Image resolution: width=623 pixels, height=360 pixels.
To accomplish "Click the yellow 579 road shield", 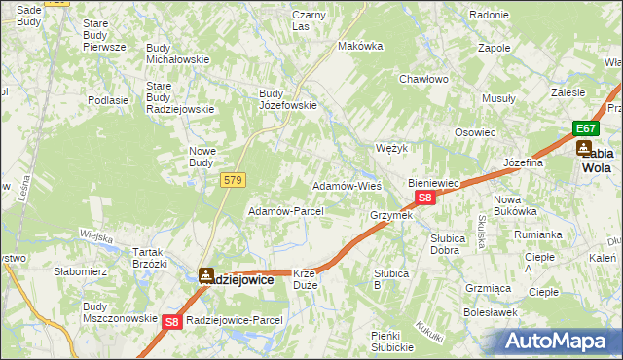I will pyautogui.click(x=234, y=180).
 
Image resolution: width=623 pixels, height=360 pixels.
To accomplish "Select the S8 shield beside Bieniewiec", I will pyautogui.click(x=424, y=198).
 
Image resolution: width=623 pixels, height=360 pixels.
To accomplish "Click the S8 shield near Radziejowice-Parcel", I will pyautogui.click(x=171, y=321).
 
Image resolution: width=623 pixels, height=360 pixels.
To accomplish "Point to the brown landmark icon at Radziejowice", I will pyautogui.click(x=206, y=276).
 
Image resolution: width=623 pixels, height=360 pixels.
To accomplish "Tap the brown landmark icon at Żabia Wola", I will pyautogui.click(x=584, y=148).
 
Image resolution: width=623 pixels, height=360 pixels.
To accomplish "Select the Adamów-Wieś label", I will pyautogui.click(x=346, y=185).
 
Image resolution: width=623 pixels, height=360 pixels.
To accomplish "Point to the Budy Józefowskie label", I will pyautogui.click(x=287, y=99).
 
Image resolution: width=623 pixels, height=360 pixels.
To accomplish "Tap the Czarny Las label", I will pyautogui.click(x=309, y=20).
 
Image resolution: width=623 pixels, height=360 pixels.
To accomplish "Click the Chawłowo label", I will pyautogui.click(x=422, y=79).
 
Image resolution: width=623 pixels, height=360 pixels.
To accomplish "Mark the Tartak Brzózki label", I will pyautogui.click(x=150, y=257).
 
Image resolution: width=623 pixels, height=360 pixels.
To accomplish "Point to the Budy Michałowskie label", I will pyautogui.click(x=177, y=54).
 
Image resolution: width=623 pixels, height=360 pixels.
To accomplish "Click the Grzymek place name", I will pyautogui.click(x=390, y=215).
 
